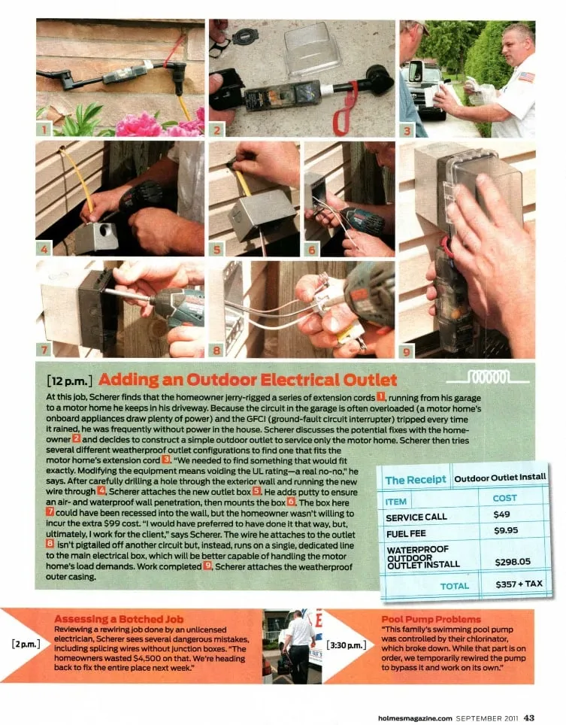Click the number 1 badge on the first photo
pos(44,129)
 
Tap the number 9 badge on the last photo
pos(407,351)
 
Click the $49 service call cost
pos(501,514)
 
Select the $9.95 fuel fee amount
pos(505,530)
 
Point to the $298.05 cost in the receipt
pos(513,562)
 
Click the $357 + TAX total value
pos(519,584)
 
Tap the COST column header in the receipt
pos(504,498)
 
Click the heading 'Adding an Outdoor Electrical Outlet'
pos(247,380)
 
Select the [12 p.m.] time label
pos(70,381)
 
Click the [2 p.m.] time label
pos(26,644)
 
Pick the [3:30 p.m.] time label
pos(347,645)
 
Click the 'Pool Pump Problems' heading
pos(431,619)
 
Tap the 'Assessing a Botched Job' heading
pos(119,619)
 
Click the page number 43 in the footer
pos(529,717)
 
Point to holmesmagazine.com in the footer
pos(415,718)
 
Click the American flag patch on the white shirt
pos(526,77)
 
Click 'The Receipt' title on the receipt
pos(416,480)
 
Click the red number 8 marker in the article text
pos(50,545)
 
